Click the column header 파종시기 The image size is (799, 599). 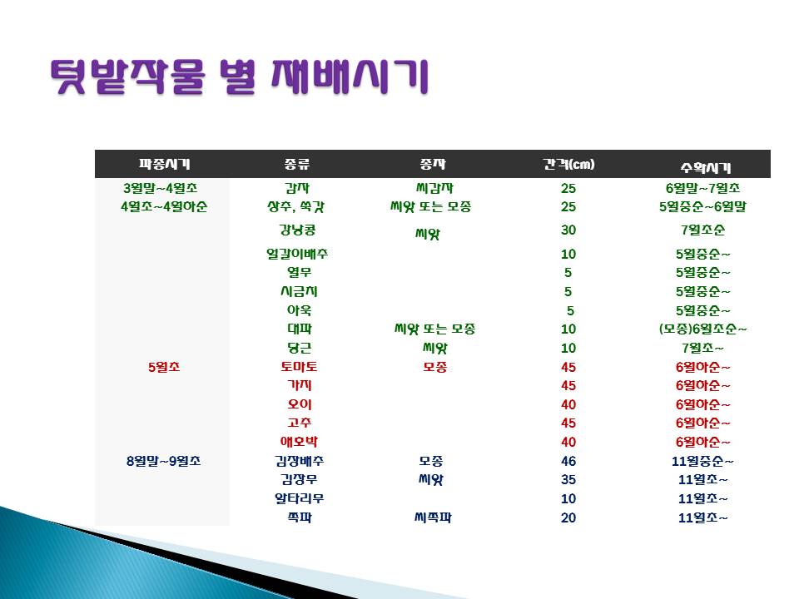pyautogui.click(x=164, y=164)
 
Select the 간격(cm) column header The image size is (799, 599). pyautogui.click(x=568, y=164)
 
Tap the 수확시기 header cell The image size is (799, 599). pyautogui.click(x=706, y=167)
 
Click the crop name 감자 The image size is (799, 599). pyautogui.click(x=298, y=188)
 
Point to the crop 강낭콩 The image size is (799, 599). pyautogui.click(x=298, y=230)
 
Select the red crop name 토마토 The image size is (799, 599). pyautogui.click(x=299, y=367)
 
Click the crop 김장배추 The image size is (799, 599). pyautogui.click(x=299, y=461)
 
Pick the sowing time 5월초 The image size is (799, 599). pyautogui.click(x=164, y=367)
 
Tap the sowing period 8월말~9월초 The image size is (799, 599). pyautogui.click(x=164, y=461)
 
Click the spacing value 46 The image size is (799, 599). pyautogui.click(x=568, y=461)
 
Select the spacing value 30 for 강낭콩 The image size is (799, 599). pyautogui.click(x=568, y=230)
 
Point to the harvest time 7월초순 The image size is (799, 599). pyautogui.click(x=702, y=230)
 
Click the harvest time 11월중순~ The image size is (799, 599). pyautogui.click(x=702, y=461)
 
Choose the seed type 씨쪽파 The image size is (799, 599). pyautogui.click(x=433, y=517)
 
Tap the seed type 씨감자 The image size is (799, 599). pyautogui.click(x=434, y=188)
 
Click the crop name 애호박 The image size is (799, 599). pyautogui.click(x=299, y=442)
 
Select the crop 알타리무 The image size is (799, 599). pyautogui.click(x=299, y=498)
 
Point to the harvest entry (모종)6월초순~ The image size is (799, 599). pyautogui.click(x=702, y=329)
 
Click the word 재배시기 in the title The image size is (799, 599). pyautogui.click(x=350, y=77)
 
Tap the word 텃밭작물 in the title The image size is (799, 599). pyautogui.click(x=128, y=77)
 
